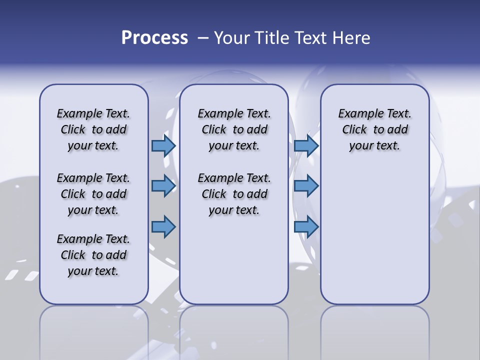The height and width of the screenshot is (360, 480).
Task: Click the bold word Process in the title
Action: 154,38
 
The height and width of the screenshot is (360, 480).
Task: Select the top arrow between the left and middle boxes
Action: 163,145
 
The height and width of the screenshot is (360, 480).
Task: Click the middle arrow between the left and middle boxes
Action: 163,186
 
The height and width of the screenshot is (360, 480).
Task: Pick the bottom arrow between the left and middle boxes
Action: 163,226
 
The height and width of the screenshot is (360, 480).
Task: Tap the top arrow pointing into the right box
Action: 306,145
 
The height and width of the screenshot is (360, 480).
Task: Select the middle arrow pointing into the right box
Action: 306,186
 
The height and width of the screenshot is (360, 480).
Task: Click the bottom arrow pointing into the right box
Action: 306,226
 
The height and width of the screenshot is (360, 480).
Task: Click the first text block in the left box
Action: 93,129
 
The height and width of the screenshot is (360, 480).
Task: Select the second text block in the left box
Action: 93,194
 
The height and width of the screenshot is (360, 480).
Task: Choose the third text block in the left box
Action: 93,255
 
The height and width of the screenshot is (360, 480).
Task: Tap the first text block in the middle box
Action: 234,129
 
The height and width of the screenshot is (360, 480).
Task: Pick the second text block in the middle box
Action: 234,194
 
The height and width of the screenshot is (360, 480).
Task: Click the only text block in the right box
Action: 374,129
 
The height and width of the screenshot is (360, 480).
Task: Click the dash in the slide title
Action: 203,38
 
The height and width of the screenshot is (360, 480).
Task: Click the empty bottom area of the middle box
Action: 234,265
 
